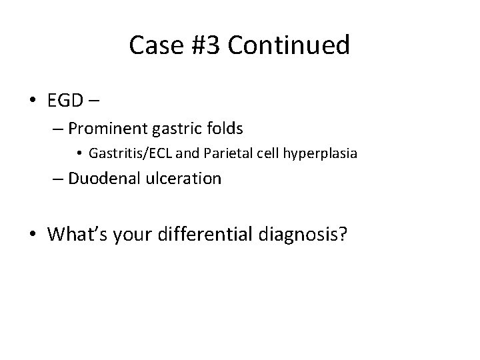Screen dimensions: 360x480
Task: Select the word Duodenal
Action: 101,179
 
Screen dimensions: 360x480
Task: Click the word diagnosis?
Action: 306,235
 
